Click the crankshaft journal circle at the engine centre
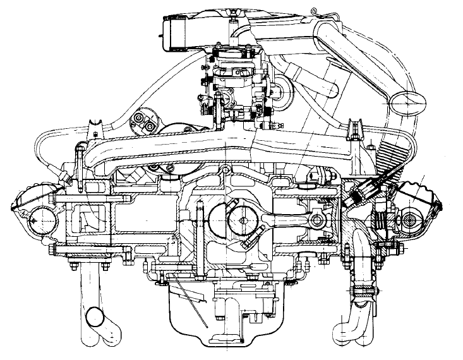point(243,220)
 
